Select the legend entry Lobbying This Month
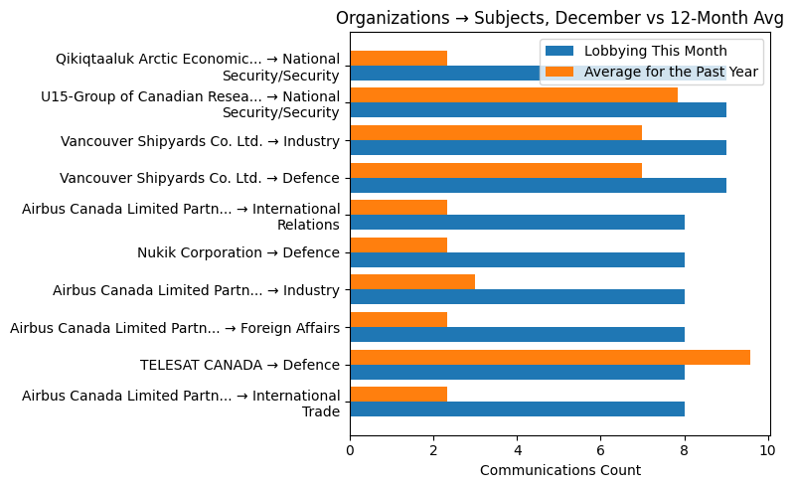click(x=655, y=52)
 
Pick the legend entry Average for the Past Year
click(x=673, y=72)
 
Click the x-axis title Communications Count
click(x=559, y=470)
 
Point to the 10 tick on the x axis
click(x=767, y=450)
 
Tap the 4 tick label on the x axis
click(x=517, y=450)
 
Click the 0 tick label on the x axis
click(x=350, y=450)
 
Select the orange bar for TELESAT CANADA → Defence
click(x=550, y=357)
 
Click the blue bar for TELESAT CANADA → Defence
click(x=517, y=372)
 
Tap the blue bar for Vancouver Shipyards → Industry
click(x=538, y=148)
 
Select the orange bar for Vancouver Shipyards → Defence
click(x=496, y=170)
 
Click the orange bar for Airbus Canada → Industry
click(x=412, y=282)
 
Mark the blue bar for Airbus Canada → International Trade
click(x=517, y=409)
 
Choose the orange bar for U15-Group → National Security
click(x=514, y=95)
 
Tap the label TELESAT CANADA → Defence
click(x=239, y=365)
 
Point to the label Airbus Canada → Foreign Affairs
click(x=175, y=328)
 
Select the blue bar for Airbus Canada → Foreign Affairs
click(x=517, y=335)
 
